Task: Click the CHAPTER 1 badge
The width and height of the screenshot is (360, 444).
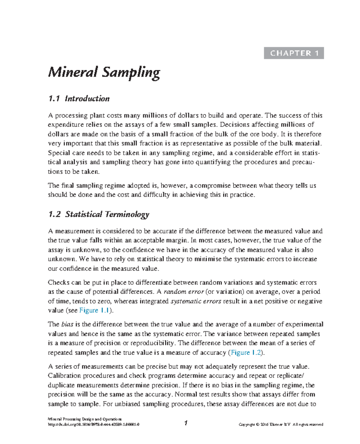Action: click(294, 53)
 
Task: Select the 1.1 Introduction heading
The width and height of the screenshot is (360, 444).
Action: click(79, 99)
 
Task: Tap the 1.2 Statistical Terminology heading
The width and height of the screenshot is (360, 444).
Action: click(99, 214)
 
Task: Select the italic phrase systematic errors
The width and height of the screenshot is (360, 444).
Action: click(196, 301)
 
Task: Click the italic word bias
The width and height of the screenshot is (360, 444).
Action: click(67, 324)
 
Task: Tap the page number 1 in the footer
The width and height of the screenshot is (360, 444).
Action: click(186, 423)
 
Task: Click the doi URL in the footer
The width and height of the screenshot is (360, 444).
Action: click(94, 424)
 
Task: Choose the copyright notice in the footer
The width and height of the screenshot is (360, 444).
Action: click(281, 424)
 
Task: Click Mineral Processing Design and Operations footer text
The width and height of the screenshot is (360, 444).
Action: click(85, 419)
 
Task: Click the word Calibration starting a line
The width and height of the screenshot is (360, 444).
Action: click(64, 376)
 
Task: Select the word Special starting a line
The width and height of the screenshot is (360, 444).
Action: click(59, 153)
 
